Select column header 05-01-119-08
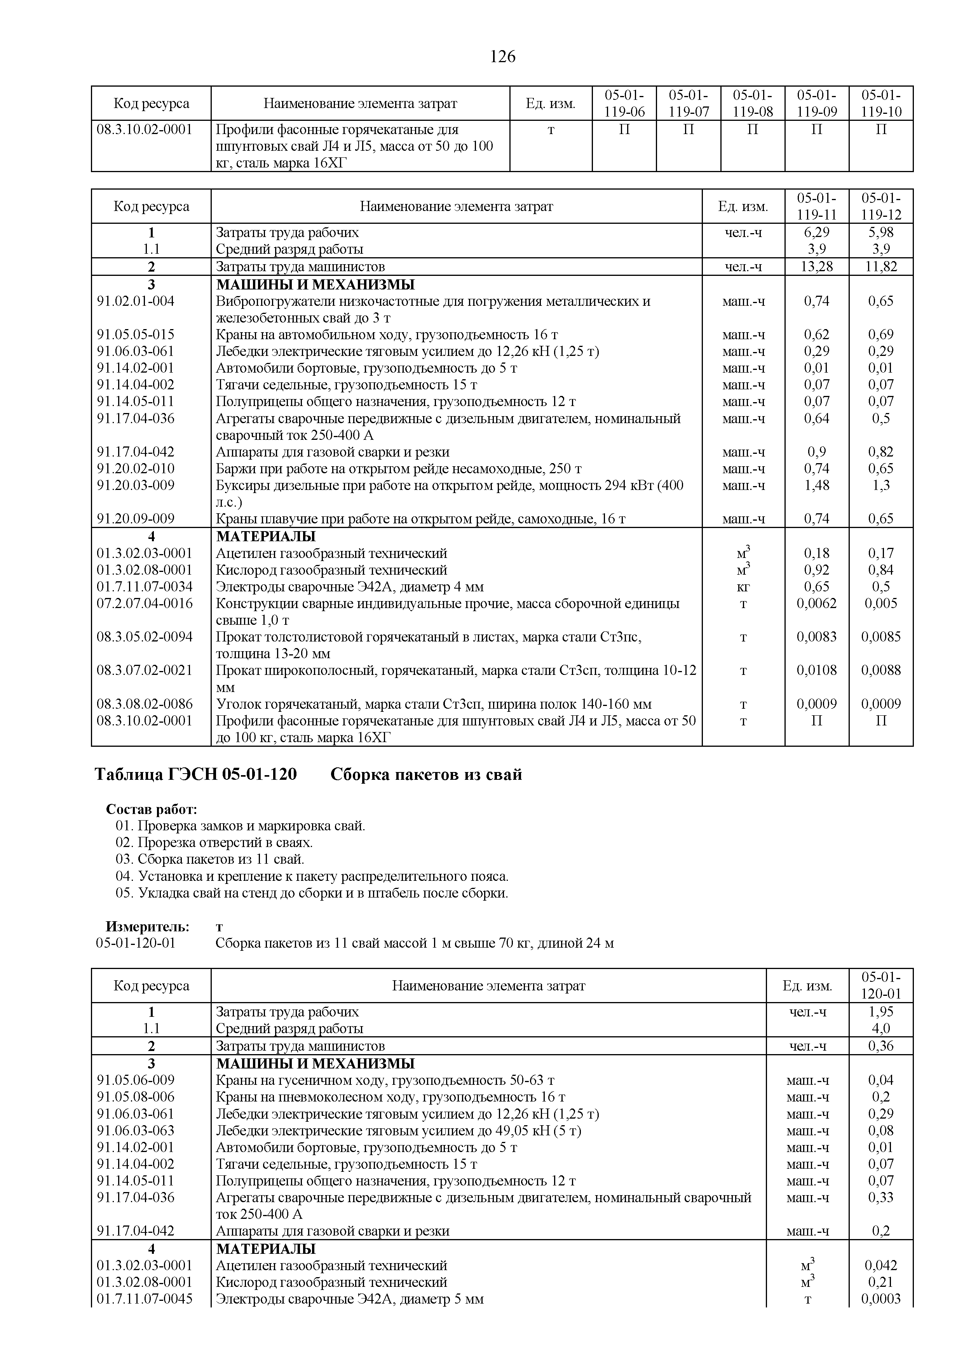(752, 103)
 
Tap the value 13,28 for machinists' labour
(816, 267)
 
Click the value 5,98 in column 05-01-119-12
(881, 232)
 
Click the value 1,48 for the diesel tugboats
(816, 485)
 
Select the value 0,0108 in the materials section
(816, 670)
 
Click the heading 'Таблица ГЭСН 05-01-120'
(196, 775)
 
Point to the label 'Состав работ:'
(152, 810)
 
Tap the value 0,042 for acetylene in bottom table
(881, 1265)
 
